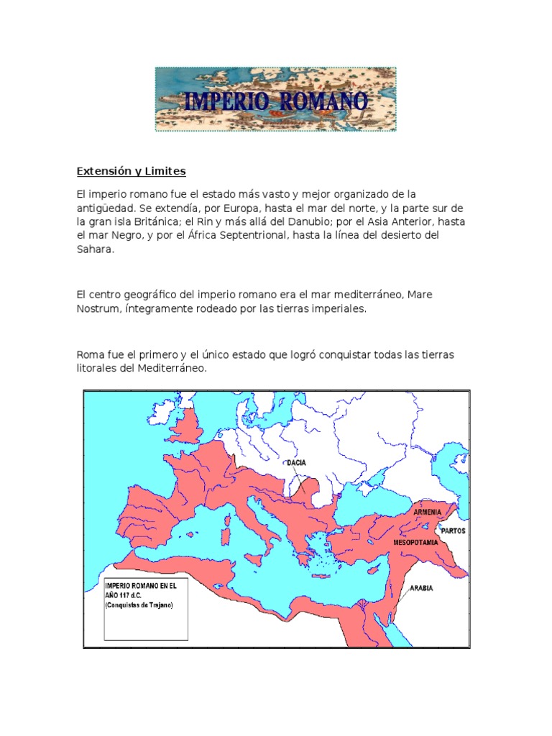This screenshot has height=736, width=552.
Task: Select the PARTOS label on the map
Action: coord(454,531)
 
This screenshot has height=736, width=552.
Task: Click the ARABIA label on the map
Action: coord(421,588)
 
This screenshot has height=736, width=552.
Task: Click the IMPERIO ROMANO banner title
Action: coord(276,101)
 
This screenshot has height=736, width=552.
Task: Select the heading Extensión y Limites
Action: coord(132,171)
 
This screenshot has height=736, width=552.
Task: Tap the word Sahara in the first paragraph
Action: coord(95,250)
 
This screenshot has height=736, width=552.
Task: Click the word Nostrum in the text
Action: coord(98,308)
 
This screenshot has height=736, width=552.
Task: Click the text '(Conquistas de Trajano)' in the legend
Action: coord(139,605)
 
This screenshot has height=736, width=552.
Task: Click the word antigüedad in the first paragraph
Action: coord(105,208)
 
